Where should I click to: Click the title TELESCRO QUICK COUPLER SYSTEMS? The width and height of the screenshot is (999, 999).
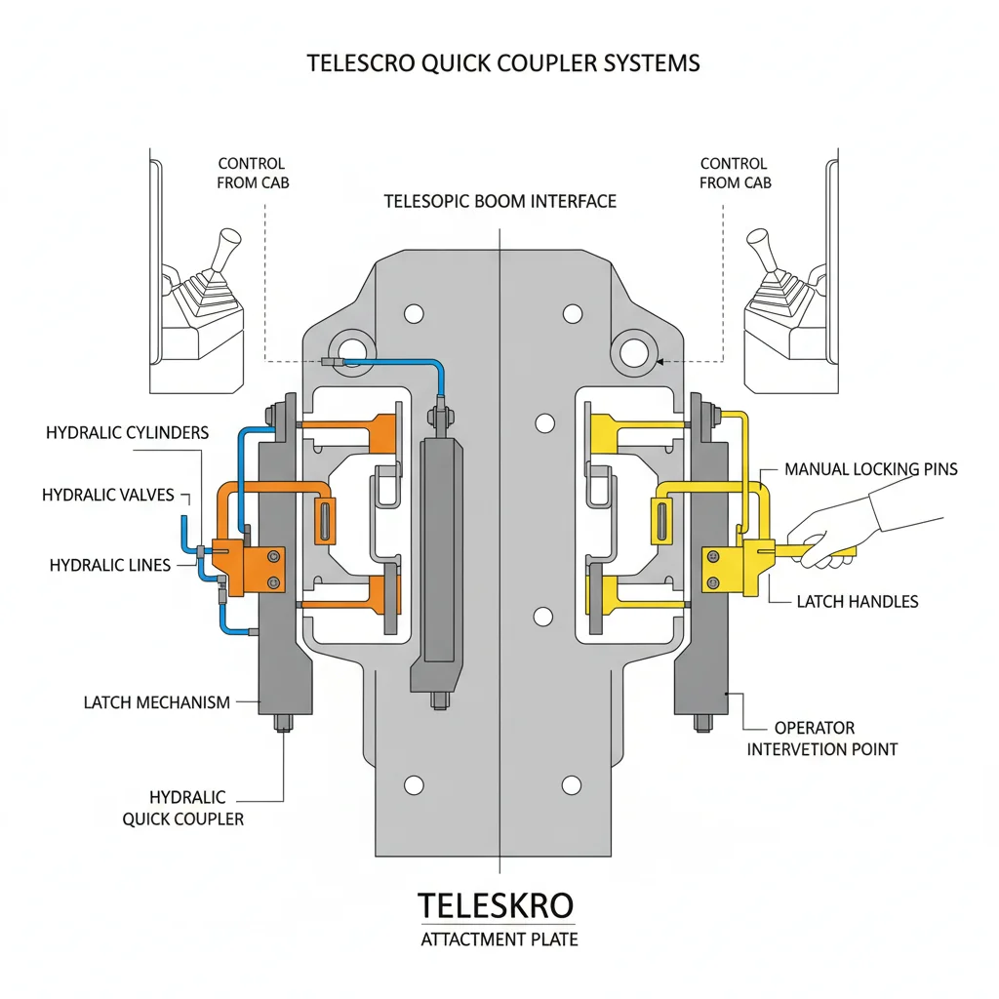(502, 63)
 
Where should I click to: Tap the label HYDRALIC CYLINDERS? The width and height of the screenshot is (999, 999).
(127, 432)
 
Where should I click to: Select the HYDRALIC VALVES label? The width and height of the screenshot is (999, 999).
(108, 496)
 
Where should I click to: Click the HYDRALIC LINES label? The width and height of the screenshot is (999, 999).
(109, 565)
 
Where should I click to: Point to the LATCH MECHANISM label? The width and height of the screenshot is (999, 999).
(157, 702)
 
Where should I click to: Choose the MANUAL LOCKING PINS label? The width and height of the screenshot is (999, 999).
(871, 469)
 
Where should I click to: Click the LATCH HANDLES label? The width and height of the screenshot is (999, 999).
(858, 602)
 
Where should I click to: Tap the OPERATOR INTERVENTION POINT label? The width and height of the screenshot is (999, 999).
(821, 739)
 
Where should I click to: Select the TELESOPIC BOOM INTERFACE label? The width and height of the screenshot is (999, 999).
(499, 202)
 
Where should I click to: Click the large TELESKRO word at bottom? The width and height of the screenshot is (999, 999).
(496, 905)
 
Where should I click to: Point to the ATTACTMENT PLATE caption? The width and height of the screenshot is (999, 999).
(499, 940)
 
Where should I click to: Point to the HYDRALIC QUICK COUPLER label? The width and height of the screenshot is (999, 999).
(183, 808)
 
